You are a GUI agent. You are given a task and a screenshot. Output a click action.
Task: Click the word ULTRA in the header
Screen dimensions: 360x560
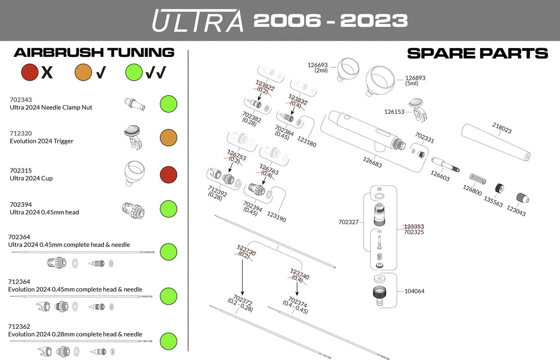197,20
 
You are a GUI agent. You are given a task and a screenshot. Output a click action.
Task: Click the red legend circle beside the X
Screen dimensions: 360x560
29,72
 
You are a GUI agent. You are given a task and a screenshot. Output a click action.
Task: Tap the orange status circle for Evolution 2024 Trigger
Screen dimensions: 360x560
168,137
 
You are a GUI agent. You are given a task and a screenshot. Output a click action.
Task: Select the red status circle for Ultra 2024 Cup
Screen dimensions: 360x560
168,175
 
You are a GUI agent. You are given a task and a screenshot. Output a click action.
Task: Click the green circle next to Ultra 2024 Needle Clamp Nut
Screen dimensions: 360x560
168,103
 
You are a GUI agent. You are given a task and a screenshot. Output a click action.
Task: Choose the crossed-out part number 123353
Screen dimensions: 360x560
414,226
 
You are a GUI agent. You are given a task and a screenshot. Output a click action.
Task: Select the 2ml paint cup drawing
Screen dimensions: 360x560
347,69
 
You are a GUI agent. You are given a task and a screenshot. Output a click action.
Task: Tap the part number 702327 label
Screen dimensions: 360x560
349,222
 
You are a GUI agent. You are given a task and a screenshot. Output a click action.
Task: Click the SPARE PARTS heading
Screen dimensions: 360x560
477,53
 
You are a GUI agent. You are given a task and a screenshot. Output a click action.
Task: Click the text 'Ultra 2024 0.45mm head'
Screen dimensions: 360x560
44,212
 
